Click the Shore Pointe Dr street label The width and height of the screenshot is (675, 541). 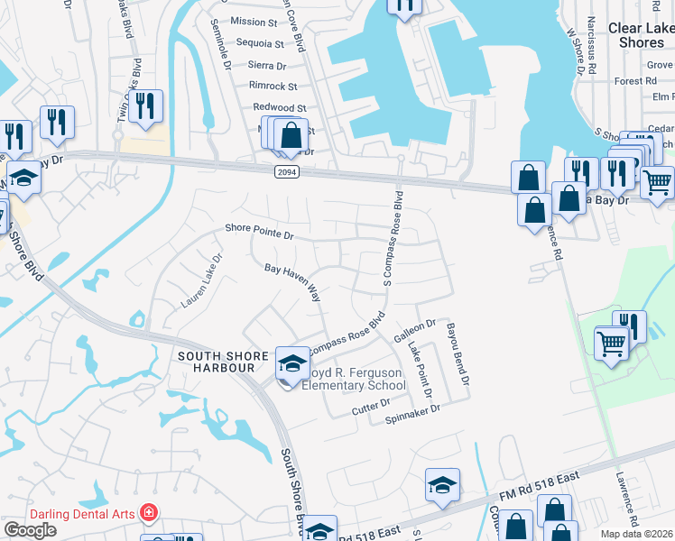pos(258,234)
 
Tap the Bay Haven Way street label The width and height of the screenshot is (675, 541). pos(292,281)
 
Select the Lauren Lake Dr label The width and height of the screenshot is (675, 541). pos(201,280)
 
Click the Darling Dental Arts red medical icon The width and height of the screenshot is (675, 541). pos(148,514)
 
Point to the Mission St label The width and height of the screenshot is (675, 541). pos(254,22)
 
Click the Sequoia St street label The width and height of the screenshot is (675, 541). pos(259,43)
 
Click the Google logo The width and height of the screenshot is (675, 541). pos(31,530)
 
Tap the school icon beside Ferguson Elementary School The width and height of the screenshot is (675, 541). pos(291,363)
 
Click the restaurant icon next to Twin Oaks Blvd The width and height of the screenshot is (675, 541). pos(144,106)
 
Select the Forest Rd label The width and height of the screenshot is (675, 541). pos(634,81)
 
